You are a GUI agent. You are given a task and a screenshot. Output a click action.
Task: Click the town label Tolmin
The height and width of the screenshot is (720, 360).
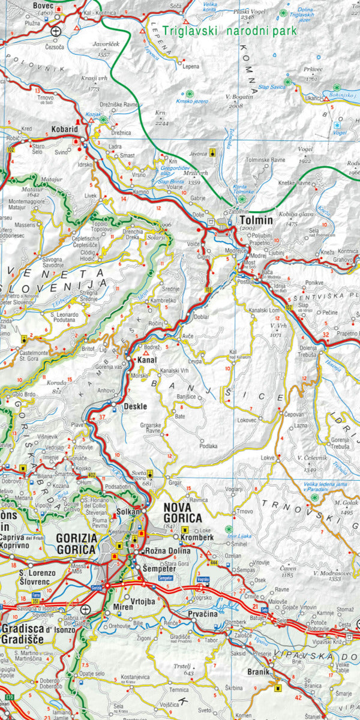(x=257, y=220)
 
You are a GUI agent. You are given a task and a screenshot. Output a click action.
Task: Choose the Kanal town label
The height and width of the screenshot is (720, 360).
(x=147, y=360)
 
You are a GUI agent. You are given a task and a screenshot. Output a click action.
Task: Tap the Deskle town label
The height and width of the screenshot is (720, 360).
(x=135, y=406)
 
